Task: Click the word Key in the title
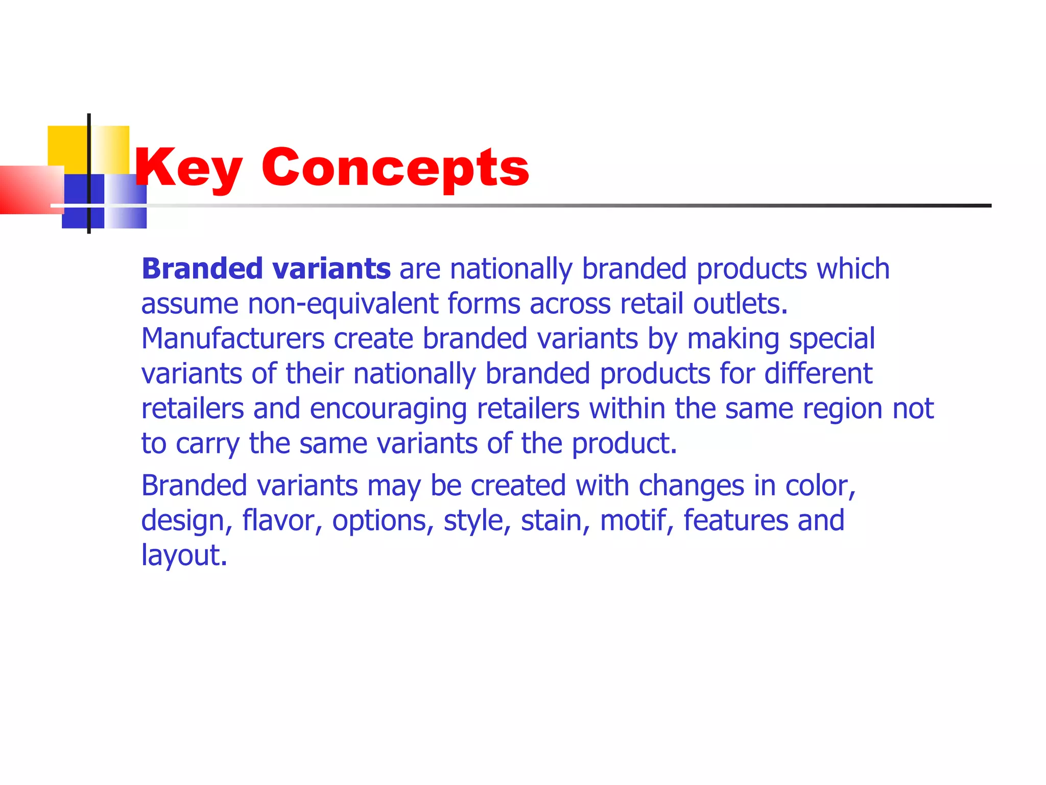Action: (x=187, y=168)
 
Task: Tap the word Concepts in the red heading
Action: (x=395, y=168)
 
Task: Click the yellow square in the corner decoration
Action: (x=68, y=146)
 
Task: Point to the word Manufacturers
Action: (x=233, y=339)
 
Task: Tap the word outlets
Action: (x=740, y=304)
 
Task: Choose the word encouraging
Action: (x=388, y=409)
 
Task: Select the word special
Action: (x=832, y=339)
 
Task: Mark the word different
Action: (x=818, y=374)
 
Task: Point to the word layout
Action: (x=184, y=556)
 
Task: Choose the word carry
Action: (x=207, y=444)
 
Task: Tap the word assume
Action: (x=189, y=304)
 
